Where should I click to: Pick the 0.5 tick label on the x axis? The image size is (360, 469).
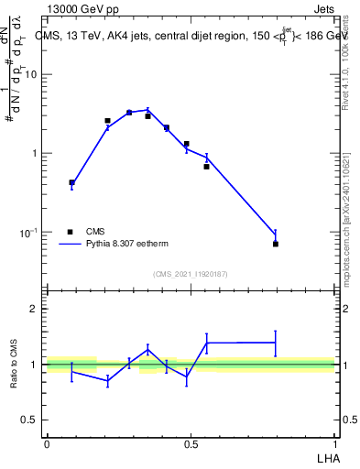point(191,443)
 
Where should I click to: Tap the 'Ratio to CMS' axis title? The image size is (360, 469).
point(14,365)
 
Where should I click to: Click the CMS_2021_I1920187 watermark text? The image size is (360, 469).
point(190,274)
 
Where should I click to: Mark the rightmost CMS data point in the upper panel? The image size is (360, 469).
point(276,244)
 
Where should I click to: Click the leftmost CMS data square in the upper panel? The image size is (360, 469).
point(72,182)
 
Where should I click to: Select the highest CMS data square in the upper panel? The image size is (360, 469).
point(129,112)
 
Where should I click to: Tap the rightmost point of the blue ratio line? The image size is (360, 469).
point(276,343)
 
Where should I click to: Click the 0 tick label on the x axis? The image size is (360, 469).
point(47,443)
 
